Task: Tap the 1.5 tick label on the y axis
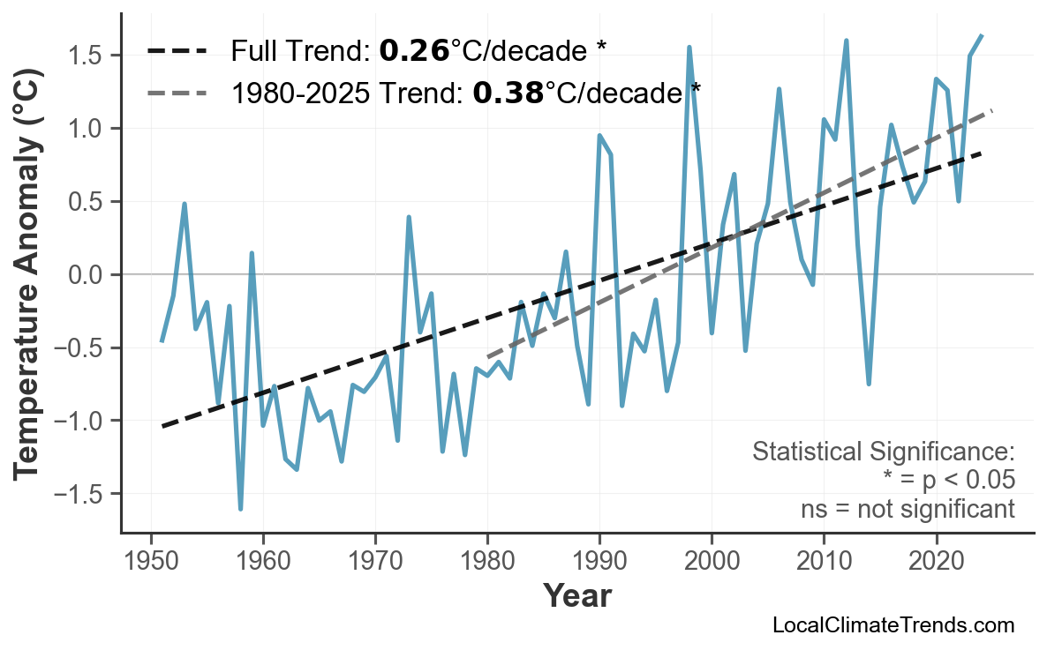(x=87, y=56)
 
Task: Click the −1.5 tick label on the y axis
(x=82, y=494)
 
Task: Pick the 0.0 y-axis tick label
(x=87, y=275)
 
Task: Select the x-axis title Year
(x=576, y=596)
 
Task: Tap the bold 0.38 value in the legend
(x=508, y=91)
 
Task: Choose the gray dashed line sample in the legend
(x=177, y=92)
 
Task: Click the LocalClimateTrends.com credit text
(x=893, y=625)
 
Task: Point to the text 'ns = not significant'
(x=908, y=509)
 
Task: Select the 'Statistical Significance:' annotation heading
(x=883, y=452)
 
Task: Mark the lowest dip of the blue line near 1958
(x=240, y=509)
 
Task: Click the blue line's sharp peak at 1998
(x=689, y=48)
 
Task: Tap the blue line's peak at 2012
(x=846, y=41)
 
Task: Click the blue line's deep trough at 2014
(x=869, y=384)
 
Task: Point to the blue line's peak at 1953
(x=185, y=204)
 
